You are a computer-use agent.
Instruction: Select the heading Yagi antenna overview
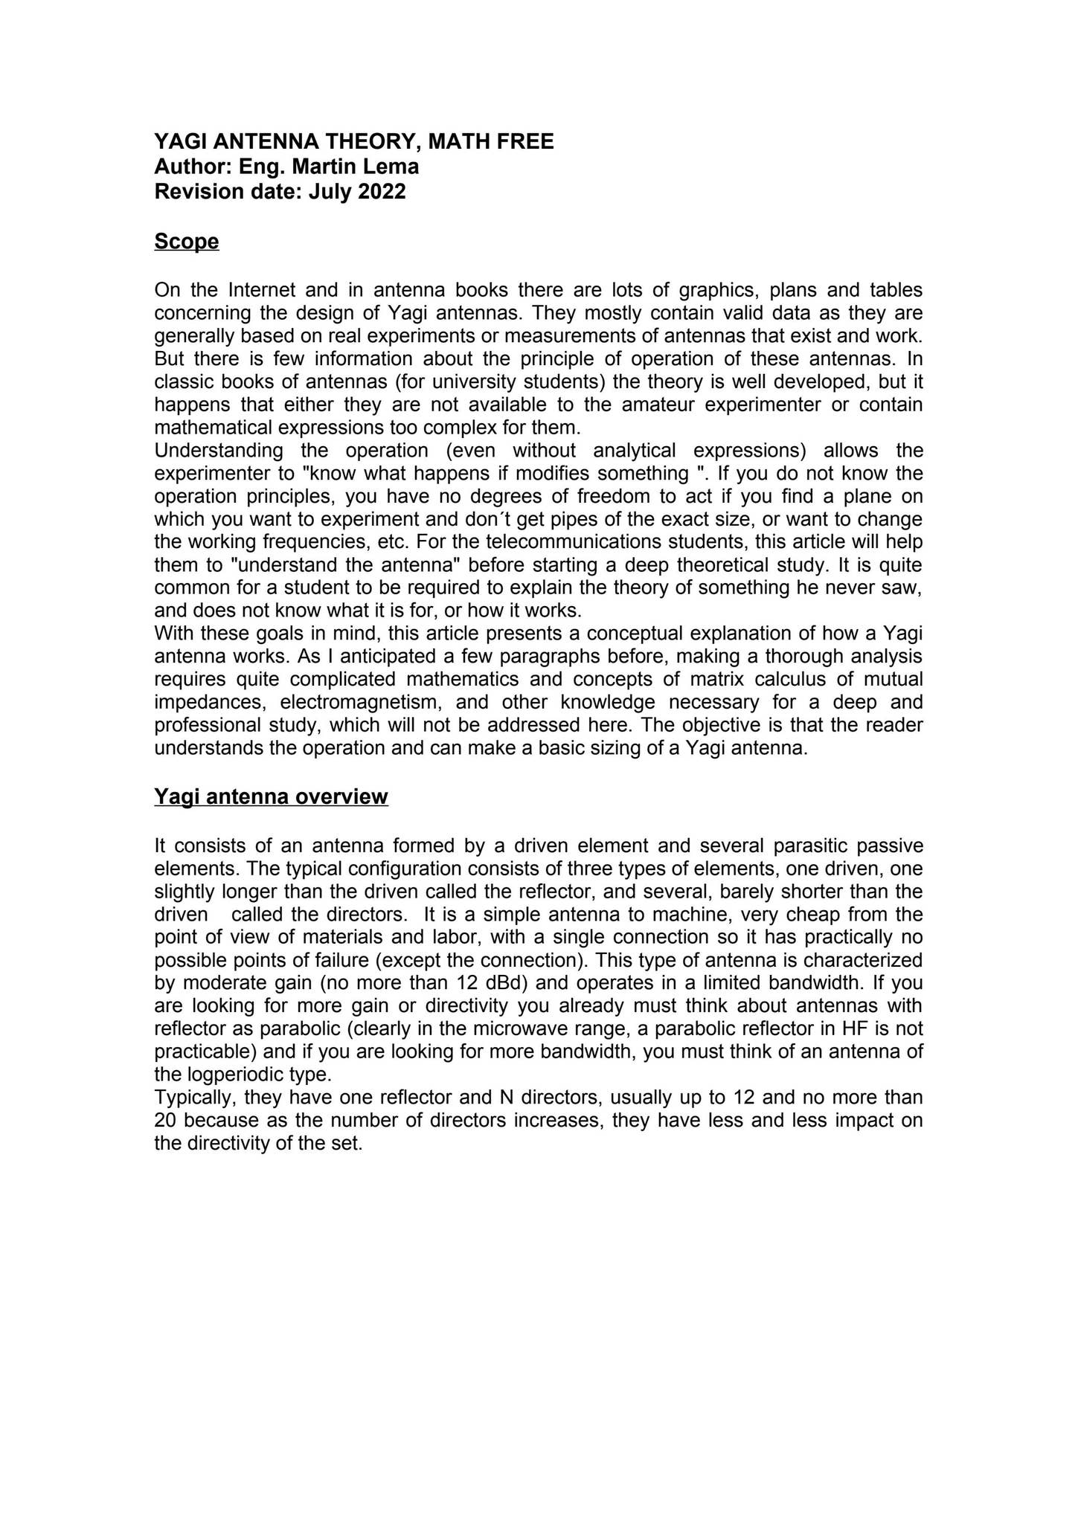click(x=271, y=796)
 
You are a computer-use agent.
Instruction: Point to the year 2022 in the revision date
click(x=382, y=191)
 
